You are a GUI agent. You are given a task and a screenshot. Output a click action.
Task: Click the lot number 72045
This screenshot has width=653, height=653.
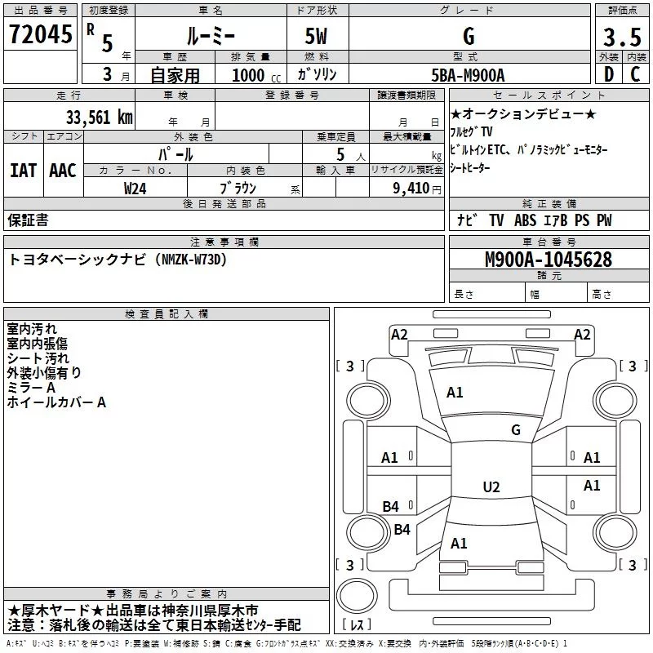[x=39, y=35]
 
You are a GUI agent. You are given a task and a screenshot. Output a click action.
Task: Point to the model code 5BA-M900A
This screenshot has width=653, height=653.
[x=468, y=75]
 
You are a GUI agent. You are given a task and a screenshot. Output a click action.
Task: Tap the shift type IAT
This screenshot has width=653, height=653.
[x=23, y=170]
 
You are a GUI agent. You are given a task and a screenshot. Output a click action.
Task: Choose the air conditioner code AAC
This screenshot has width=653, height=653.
[x=62, y=170]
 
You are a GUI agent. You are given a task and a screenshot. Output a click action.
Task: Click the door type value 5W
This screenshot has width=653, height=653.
[x=318, y=38]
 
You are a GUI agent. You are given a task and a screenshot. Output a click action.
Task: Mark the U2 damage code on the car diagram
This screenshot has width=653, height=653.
[x=491, y=487]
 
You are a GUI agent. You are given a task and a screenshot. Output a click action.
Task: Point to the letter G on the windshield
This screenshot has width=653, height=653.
[x=515, y=429]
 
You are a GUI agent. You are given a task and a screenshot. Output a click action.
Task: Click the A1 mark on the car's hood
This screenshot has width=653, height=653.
[x=455, y=393]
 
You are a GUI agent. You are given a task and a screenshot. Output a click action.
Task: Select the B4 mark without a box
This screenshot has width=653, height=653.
[x=402, y=530]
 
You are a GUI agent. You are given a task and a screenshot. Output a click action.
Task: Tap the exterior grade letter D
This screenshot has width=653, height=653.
[x=607, y=75]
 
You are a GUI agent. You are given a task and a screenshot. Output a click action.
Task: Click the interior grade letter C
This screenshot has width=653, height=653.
[x=634, y=75]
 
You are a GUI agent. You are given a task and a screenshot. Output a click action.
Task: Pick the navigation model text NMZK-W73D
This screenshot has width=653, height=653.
[x=189, y=260]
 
